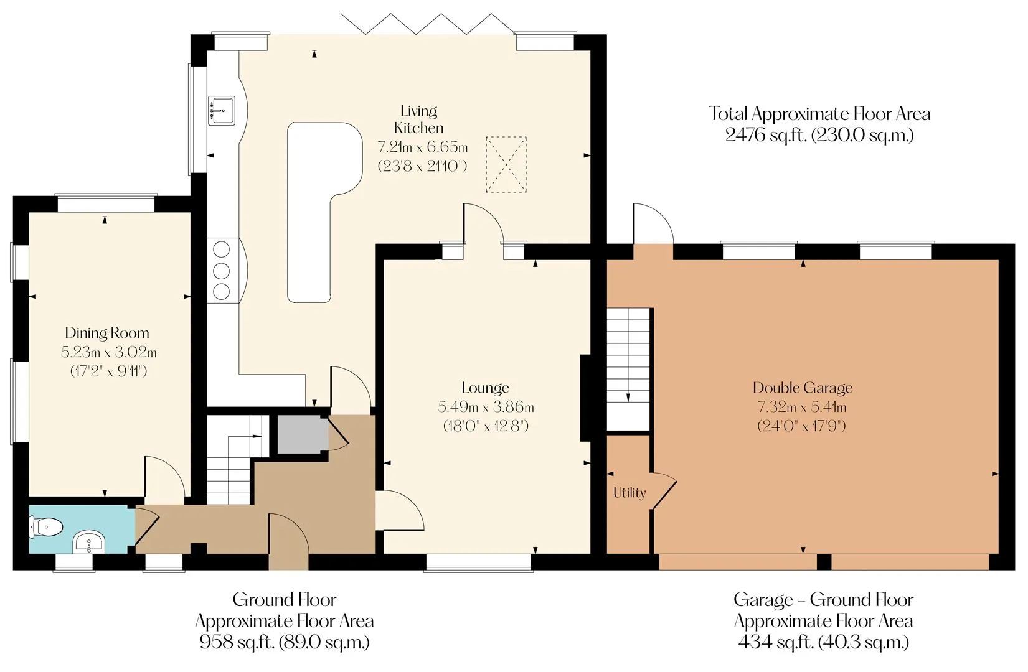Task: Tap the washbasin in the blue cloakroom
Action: (x=89, y=542)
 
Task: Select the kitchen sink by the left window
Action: (x=222, y=111)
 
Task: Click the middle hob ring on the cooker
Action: (x=222, y=271)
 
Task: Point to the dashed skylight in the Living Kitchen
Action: (x=506, y=165)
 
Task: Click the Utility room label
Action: (x=630, y=493)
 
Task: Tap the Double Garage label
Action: (x=803, y=388)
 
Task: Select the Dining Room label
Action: (x=107, y=333)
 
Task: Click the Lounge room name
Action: (x=485, y=388)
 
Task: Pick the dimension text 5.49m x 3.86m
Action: (x=486, y=407)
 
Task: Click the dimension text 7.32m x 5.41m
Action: (x=802, y=407)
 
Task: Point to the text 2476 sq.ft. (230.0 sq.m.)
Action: (x=819, y=135)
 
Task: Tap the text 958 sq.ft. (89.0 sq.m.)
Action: (x=285, y=642)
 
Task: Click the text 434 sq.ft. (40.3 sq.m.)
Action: (x=823, y=642)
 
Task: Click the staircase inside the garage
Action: (x=628, y=369)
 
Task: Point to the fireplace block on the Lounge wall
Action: (x=585, y=398)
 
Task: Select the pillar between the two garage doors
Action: (x=824, y=562)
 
